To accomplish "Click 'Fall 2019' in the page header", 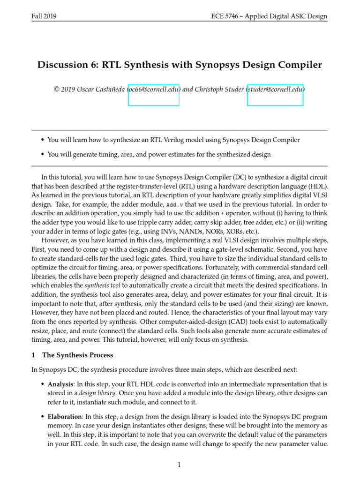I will tap(44, 16).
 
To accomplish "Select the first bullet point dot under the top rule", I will tap(43, 140).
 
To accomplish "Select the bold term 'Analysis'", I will tap(60, 384).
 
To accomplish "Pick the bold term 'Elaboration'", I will tap(65, 416).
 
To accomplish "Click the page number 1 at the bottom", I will tap(179, 465).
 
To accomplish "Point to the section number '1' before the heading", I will tap(33, 355).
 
